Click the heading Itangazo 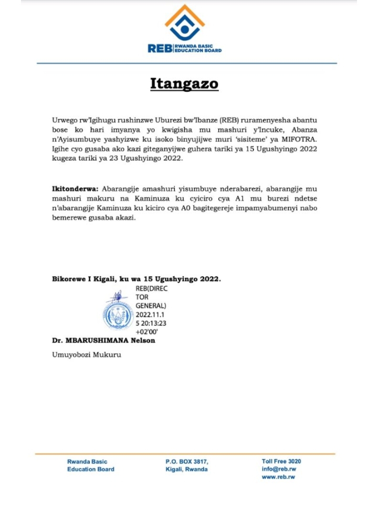(184, 84)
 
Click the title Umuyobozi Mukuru (86, 355)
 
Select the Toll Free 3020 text (281, 461)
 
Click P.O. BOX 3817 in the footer (186, 461)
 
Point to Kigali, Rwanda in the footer (186, 469)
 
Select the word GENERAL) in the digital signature (151, 305)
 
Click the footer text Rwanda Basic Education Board (90, 465)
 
